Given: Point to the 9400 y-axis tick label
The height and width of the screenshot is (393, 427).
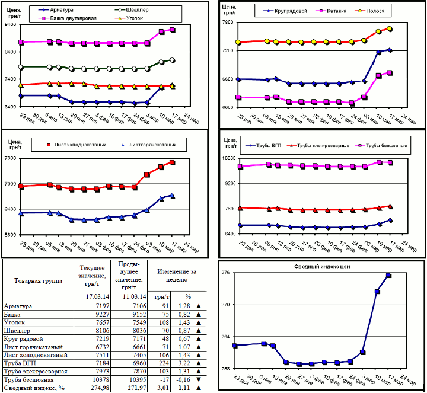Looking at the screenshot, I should pos(12,25).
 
